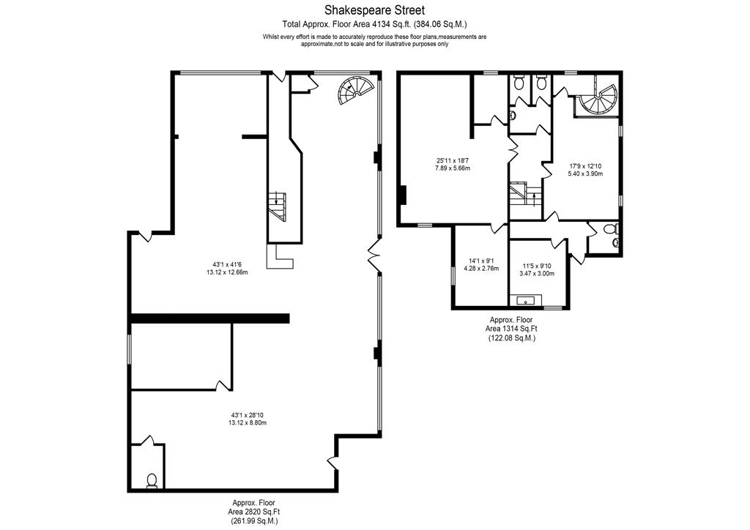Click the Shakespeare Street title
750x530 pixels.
[374, 10]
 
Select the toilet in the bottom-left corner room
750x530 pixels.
[152, 480]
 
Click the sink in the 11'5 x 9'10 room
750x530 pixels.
[528, 301]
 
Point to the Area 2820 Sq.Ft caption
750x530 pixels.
[254, 512]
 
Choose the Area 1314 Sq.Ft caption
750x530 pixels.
[511, 329]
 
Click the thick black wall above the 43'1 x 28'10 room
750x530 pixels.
[210, 318]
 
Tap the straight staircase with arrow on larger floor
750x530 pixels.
[278, 206]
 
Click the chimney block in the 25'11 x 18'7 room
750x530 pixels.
[403, 195]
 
